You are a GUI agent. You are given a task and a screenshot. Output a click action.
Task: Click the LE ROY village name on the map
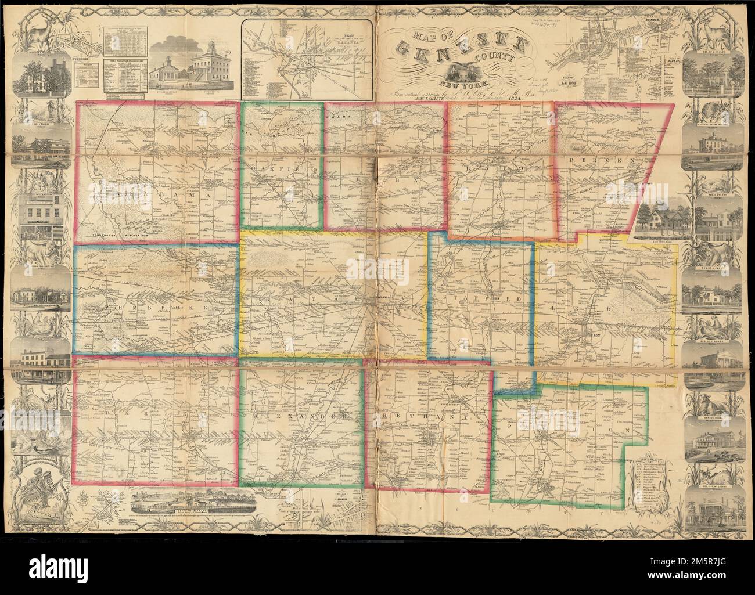tap(591, 334)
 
